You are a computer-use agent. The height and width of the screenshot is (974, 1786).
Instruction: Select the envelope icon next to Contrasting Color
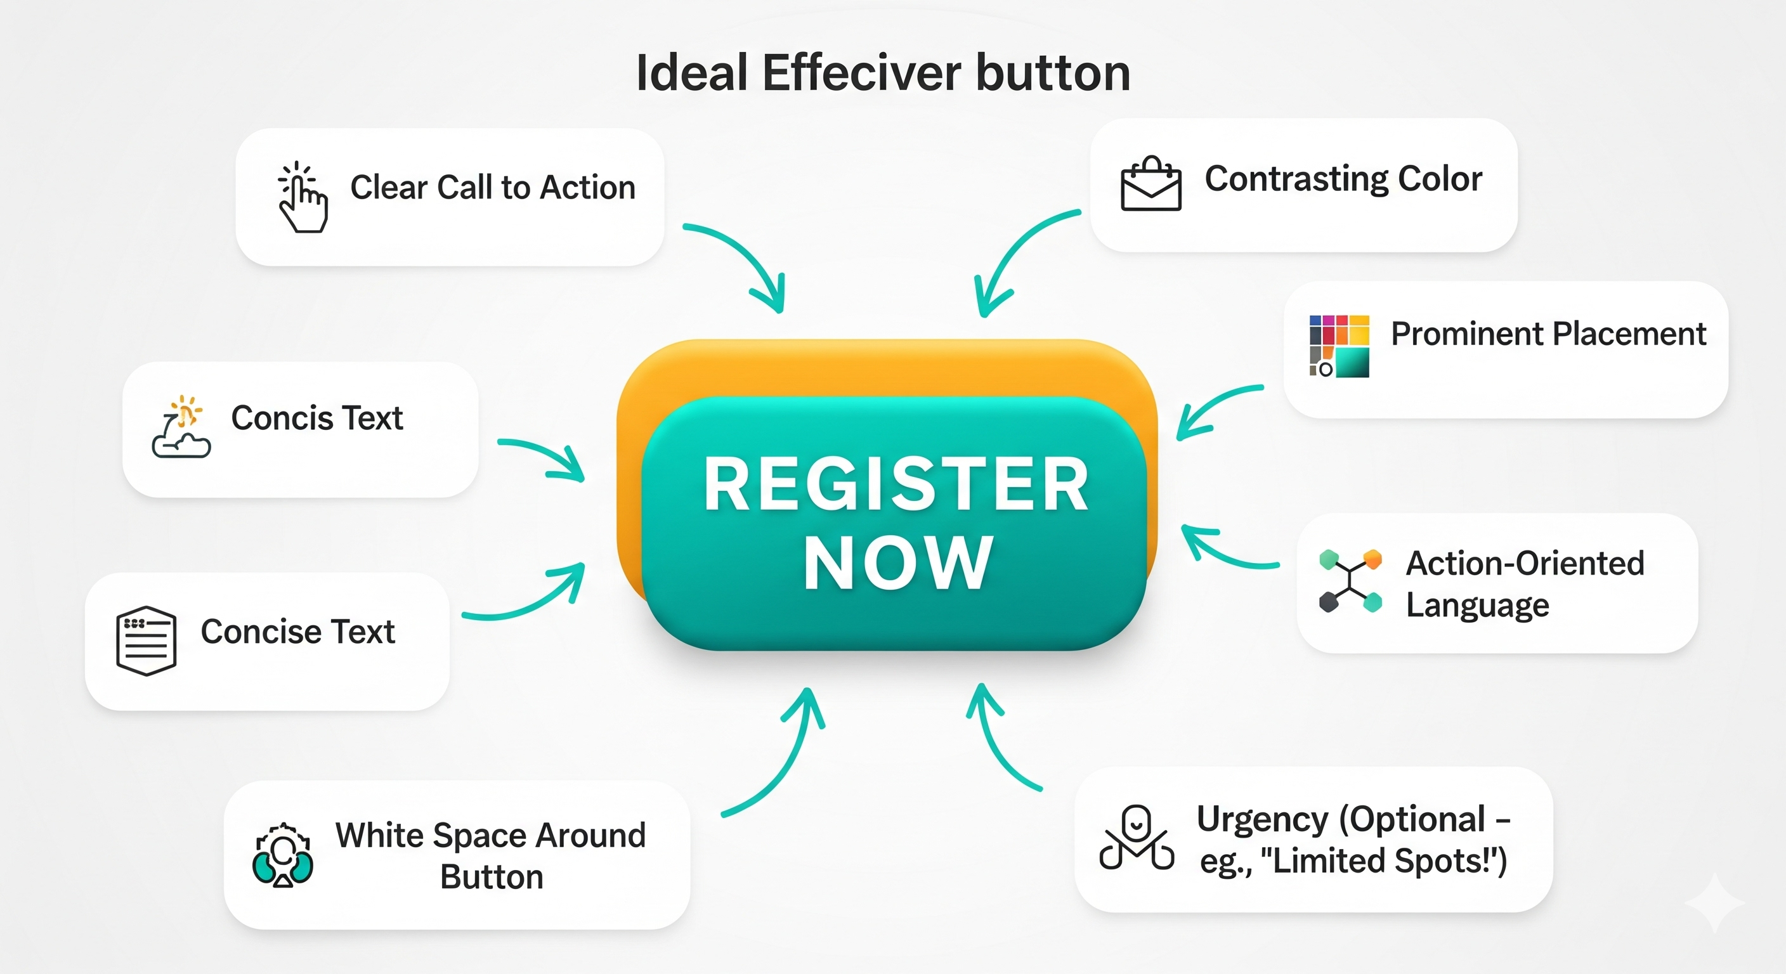(x=1151, y=184)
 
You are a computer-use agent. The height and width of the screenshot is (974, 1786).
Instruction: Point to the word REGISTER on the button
(x=896, y=484)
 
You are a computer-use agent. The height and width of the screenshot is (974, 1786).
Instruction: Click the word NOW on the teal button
(x=898, y=563)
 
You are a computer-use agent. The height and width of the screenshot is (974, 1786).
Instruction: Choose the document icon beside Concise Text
(x=146, y=640)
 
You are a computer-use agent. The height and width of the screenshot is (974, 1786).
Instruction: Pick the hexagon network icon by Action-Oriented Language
(x=1350, y=581)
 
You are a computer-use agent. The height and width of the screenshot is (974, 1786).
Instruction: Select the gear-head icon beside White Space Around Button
(x=283, y=855)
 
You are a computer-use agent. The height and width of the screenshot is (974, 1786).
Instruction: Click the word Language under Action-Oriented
(x=1476, y=606)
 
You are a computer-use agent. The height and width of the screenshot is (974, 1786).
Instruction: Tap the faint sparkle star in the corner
(x=1714, y=902)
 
